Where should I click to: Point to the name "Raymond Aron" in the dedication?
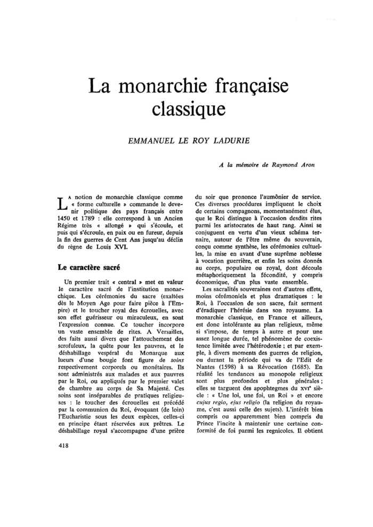pos(293,165)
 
